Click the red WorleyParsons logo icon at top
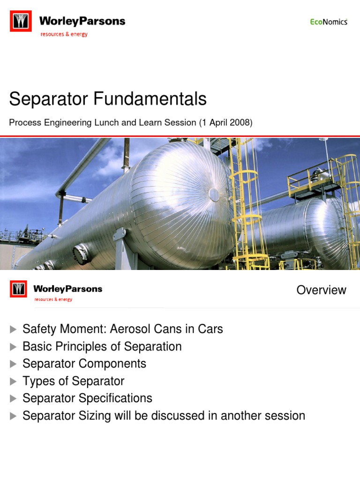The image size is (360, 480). tap(21, 22)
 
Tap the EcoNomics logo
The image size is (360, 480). tap(329, 22)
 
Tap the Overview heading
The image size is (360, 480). tap(321, 290)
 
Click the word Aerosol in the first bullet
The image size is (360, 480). tap(129, 329)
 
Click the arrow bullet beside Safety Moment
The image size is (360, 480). tap(13, 330)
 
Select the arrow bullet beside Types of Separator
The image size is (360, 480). tap(13, 382)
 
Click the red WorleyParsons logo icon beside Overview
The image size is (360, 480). tap(18, 289)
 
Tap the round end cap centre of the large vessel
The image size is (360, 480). tap(213, 194)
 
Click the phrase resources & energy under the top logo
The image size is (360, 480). tap(64, 34)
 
